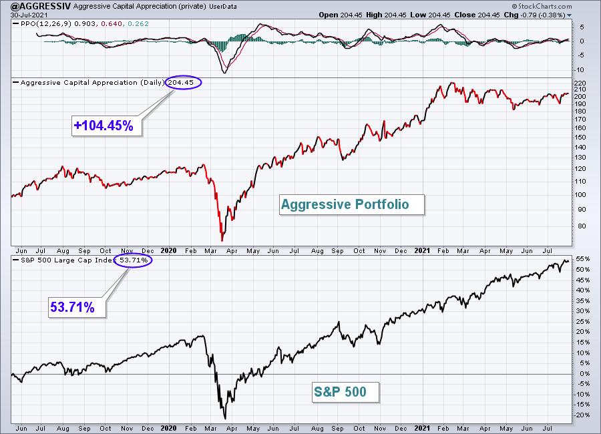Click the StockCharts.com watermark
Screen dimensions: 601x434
(542, 6)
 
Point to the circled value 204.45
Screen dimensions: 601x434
(183, 82)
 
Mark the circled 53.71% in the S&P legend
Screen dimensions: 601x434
(134, 260)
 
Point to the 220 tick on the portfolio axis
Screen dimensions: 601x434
(580, 83)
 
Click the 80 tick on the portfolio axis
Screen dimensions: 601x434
(582, 226)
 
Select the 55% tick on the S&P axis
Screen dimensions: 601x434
(582, 259)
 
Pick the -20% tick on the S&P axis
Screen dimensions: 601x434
(581, 415)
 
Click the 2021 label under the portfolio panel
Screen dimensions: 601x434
(422, 250)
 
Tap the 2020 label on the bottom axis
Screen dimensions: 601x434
(168, 428)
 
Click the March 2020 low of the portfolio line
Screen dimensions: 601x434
(222, 241)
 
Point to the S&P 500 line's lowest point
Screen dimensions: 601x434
(225, 419)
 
